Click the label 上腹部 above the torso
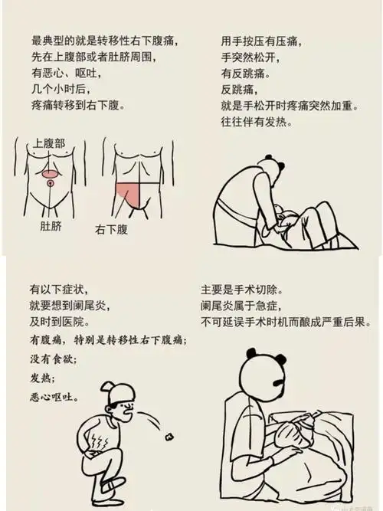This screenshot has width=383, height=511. (x=49, y=144)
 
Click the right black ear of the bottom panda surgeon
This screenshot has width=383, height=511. (x=280, y=359)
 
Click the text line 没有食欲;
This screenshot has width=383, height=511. (x=54, y=358)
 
